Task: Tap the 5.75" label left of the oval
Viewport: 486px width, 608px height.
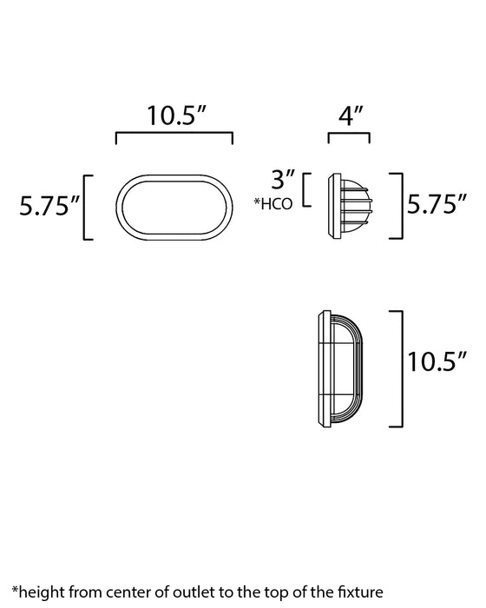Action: pyautogui.click(x=50, y=206)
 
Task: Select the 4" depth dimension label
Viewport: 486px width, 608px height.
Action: pyautogui.click(x=349, y=116)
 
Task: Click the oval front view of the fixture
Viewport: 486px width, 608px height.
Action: pyautogui.click(x=175, y=206)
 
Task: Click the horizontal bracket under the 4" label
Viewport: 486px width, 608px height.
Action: pyautogui.click(x=349, y=135)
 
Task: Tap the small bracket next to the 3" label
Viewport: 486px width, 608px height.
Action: pyautogui.click(x=305, y=190)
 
